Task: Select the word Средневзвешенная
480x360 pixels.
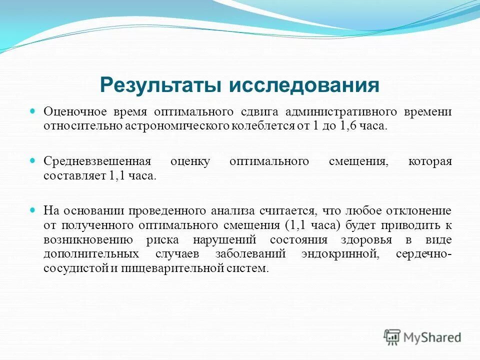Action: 97,161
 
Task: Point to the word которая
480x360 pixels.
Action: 430,161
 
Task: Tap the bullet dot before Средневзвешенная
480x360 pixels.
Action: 34,161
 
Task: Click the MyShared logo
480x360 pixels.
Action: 422,337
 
